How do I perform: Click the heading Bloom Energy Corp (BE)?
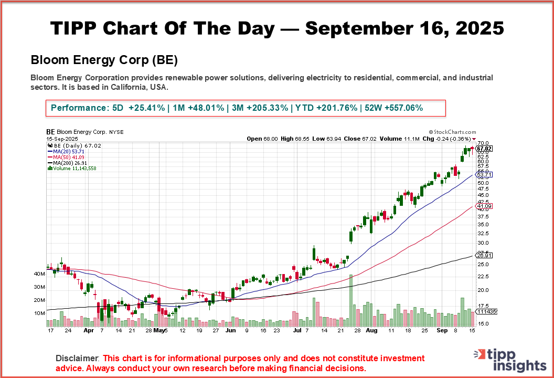coord(104,60)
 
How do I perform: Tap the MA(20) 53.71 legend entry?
coord(66,151)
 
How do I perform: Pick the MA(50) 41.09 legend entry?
coord(66,156)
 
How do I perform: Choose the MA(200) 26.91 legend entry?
coord(67,162)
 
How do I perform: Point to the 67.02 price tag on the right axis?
coord(484,149)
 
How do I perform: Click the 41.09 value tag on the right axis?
coord(483,206)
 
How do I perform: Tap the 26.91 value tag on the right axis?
coord(483,255)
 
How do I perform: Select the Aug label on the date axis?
coord(371,331)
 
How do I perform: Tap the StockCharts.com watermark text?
coord(452,132)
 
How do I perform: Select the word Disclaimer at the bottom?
coord(77,358)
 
